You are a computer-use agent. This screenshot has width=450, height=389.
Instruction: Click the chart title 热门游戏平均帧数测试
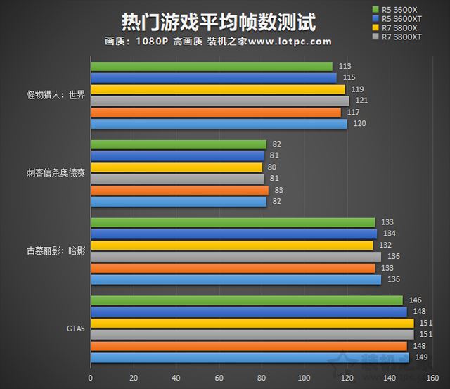(218, 21)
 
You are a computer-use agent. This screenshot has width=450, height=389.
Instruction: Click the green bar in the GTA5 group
(246, 300)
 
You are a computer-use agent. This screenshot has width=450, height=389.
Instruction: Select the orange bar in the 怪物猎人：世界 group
(215, 113)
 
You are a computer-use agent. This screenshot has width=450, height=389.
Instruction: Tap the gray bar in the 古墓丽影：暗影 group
(236, 257)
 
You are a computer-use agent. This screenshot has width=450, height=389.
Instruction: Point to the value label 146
(415, 300)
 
